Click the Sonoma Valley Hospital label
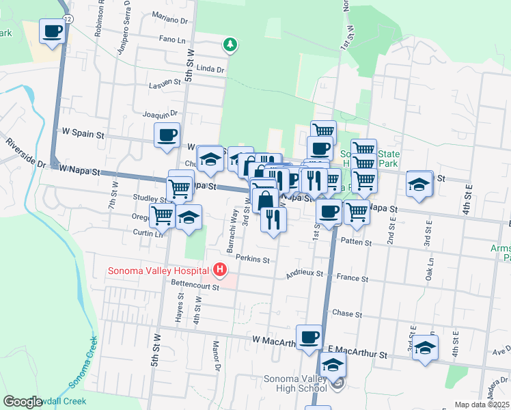(x=158, y=271)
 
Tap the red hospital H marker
(x=219, y=271)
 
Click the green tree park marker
(x=231, y=45)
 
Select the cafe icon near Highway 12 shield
(x=53, y=31)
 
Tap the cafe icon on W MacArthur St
(x=309, y=337)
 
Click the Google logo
(x=22, y=402)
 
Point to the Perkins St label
(x=253, y=260)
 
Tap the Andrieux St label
(x=305, y=273)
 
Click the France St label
(x=353, y=279)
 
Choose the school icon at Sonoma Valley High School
(x=333, y=364)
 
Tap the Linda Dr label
(x=210, y=69)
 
